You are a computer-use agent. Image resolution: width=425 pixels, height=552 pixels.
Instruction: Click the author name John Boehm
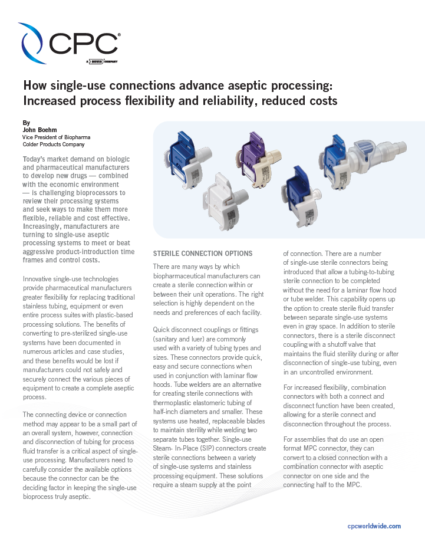click(39, 130)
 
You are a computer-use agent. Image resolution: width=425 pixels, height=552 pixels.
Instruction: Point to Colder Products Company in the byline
click(53, 144)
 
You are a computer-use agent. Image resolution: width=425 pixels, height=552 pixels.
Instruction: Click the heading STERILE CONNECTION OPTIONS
click(202, 254)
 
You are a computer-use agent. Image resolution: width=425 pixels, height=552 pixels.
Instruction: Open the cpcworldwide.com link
click(374, 526)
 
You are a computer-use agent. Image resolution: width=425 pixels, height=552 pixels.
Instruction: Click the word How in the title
click(36, 86)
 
